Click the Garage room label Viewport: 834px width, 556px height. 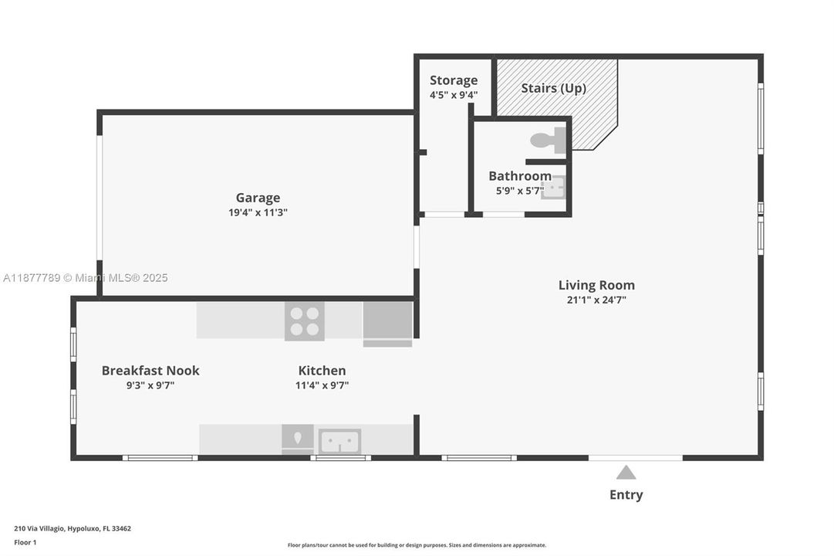click(x=258, y=198)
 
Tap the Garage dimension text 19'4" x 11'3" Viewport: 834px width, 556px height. click(x=258, y=212)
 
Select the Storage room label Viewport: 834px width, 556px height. click(x=454, y=80)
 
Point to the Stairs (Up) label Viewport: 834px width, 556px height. click(x=553, y=88)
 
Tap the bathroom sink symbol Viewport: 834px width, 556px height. click(x=553, y=187)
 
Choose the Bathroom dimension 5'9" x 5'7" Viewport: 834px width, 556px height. click(x=520, y=190)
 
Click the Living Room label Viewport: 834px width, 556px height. click(x=596, y=285)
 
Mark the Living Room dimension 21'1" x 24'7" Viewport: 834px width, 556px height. click(x=596, y=300)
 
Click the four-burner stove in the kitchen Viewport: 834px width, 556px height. click(x=304, y=321)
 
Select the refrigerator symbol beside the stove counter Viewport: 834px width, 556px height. click(x=387, y=323)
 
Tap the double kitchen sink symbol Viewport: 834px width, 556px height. click(x=339, y=441)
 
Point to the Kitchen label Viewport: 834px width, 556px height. click(x=322, y=371)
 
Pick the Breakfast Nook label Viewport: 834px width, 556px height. click(x=150, y=371)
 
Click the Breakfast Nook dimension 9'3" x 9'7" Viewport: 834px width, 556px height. click(x=150, y=385)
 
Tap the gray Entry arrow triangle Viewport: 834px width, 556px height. click(x=626, y=473)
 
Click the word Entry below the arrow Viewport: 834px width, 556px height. click(x=626, y=495)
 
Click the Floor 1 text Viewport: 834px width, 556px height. click(x=25, y=542)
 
